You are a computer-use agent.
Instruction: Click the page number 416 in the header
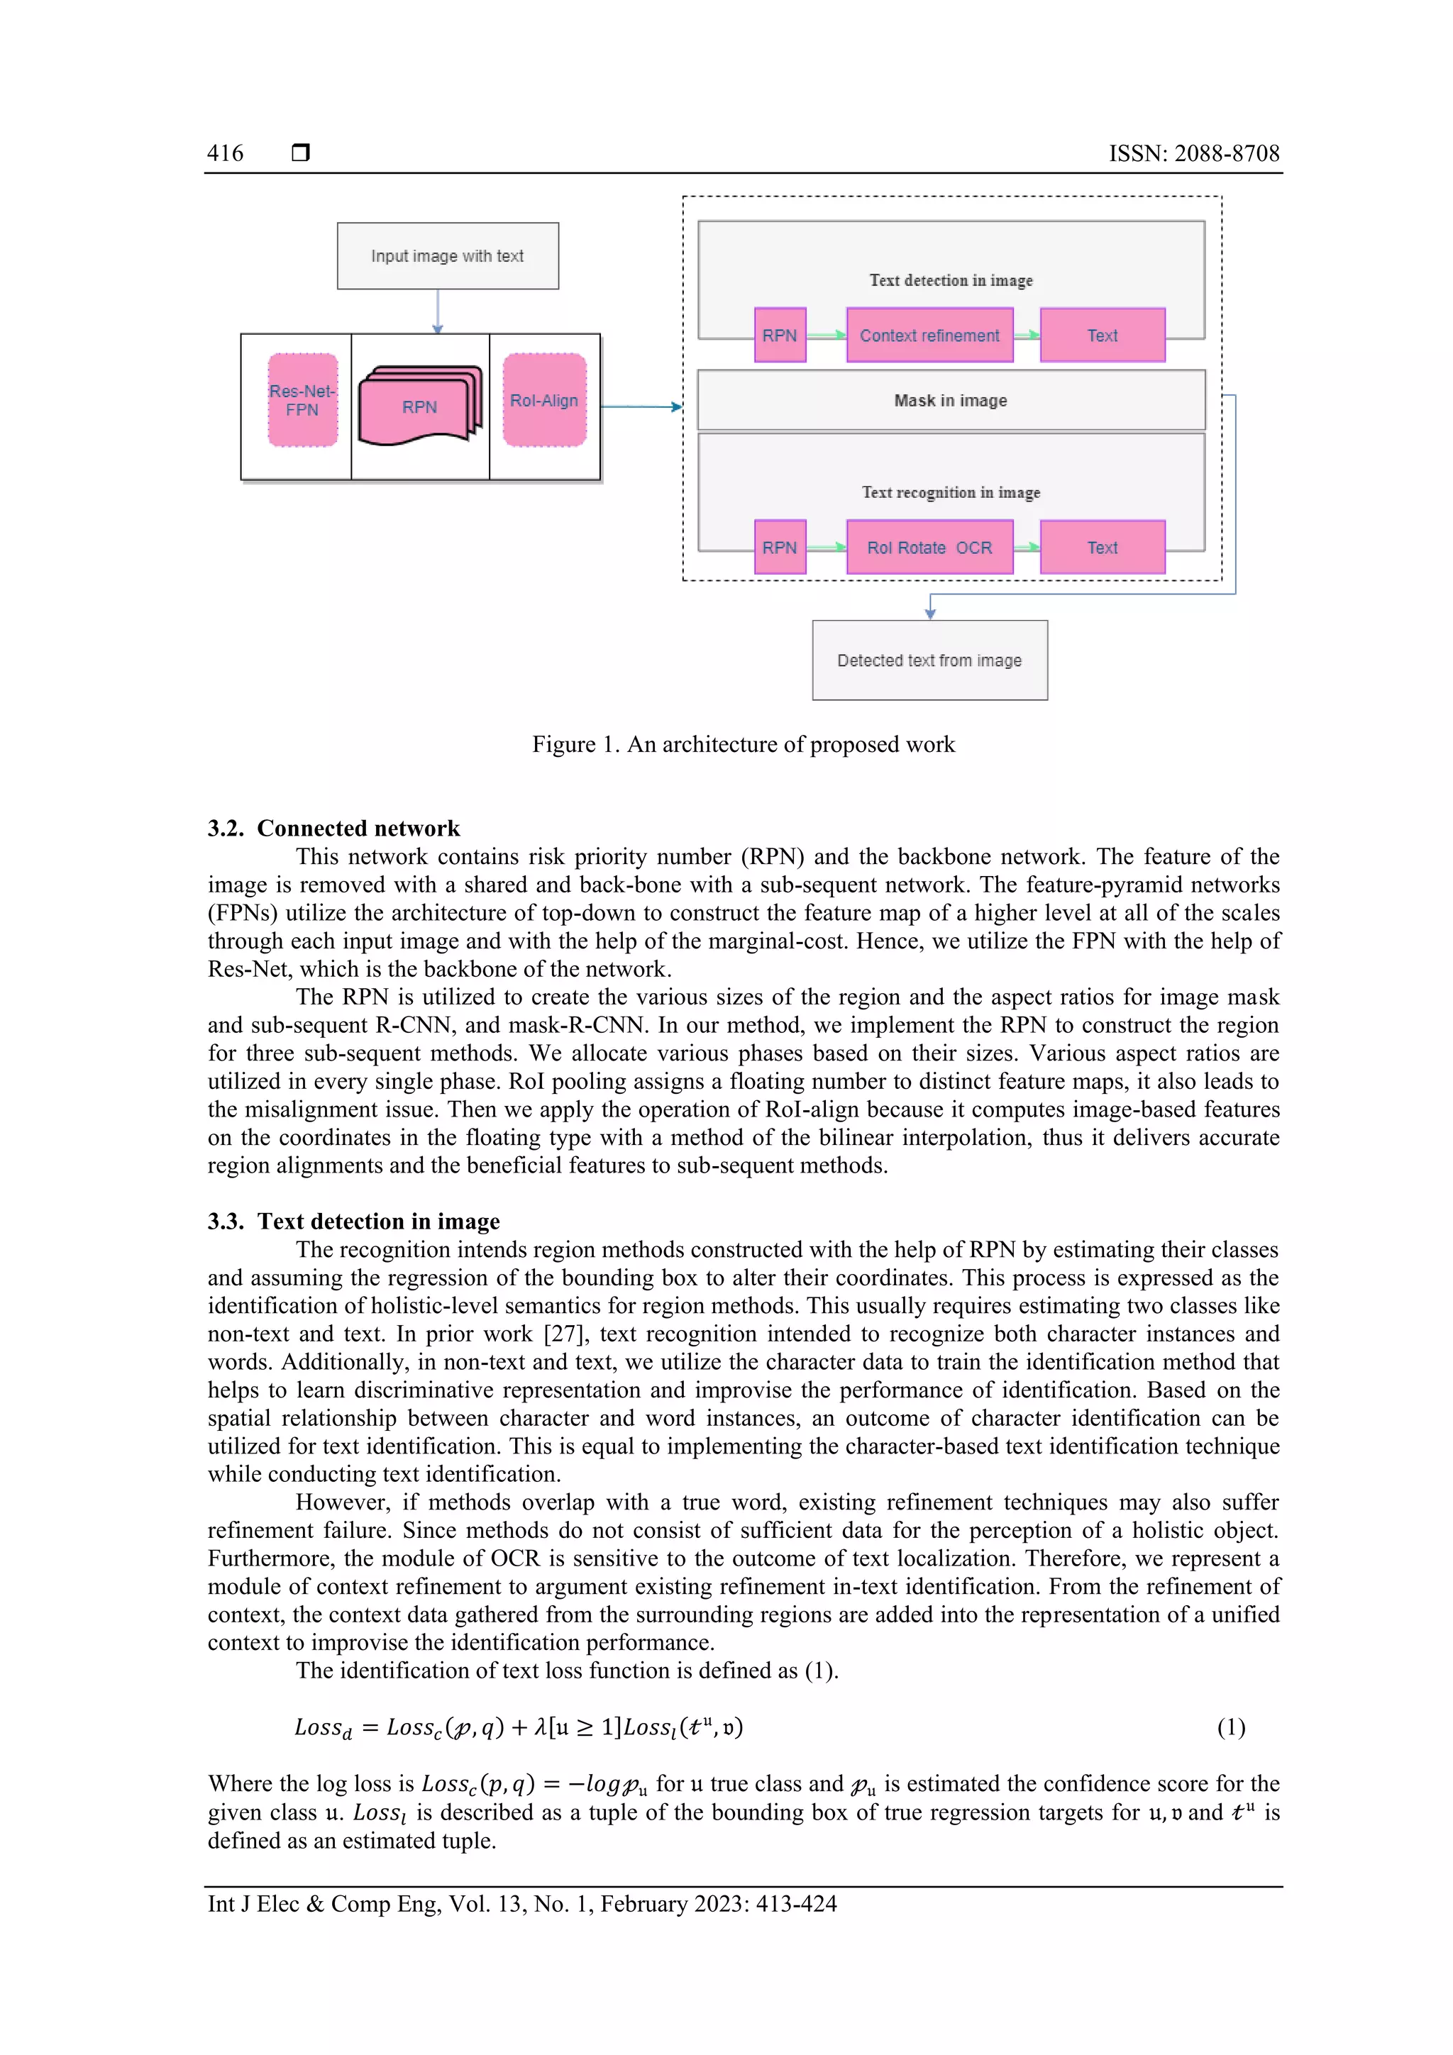pyautogui.click(x=225, y=153)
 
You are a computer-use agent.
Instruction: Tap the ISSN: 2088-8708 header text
pyautogui.click(x=1193, y=153)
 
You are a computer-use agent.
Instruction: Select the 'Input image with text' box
pyautogui.click(x=448, y=256)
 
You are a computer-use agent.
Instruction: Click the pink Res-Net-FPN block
pyautogui.click(x=303, y=400)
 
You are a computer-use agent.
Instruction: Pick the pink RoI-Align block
pyautogui.click(x=544, y=400)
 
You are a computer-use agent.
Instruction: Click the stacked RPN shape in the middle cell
pyautogui.click(x=419, y=407)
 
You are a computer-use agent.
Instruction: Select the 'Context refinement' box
pyautogui.click(x=929, y=336)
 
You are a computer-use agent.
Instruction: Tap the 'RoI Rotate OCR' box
pyautogui.click(x=929, y=548)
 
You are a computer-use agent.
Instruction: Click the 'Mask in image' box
pyautogui.click(x=951, y=400)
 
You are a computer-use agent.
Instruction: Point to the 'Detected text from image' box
pyautogui.click(x=929, y=660)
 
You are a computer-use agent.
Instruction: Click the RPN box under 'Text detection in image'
pyautogui.click(x=780, y=336)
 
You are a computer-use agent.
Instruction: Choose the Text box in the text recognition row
pyautogui.click(x=1102, y=548)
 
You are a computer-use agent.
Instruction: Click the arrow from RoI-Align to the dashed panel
pyautogui.click(x=640, y=406)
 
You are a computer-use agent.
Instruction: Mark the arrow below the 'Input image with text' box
pyautogui.click(x=438, y=311)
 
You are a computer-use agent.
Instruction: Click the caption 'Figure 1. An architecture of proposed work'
pyautogui.click(x=743, y=745)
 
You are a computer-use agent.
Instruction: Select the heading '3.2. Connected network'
pyautogui.click(x=334, y=828)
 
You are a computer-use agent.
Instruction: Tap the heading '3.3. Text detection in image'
pyautogui.click(x=353, y=1221)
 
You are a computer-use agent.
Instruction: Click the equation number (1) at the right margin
pyautogui.click(x=1231, y=1727)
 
